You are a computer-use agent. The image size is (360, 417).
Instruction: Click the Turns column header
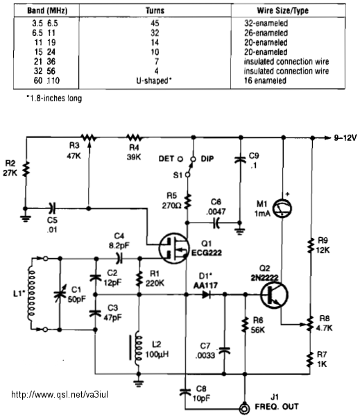pos(155,10)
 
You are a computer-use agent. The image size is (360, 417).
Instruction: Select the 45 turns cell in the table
pos(155,23)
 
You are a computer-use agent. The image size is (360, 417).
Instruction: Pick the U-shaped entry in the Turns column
pos(154,80)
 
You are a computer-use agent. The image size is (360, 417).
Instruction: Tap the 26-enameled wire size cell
pos(266,33)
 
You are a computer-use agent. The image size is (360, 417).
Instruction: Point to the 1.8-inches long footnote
pos(54,99)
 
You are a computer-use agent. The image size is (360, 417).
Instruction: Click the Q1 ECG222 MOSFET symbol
pos(174,248)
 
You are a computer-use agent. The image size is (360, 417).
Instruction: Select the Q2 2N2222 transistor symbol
pos(274,295)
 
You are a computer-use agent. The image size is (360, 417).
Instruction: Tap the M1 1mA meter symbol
pos(282,208)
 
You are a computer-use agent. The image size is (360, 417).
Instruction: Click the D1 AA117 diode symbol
pos(206,294)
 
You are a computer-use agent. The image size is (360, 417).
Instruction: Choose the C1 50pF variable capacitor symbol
pos(60,294)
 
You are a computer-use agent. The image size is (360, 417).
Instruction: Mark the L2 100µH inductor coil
pos(138,348)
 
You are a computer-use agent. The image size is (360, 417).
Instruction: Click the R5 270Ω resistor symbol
pos(187,201)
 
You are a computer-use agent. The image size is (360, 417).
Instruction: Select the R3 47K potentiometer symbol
pos(89,138)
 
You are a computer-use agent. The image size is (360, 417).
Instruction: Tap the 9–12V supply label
pos(345,138)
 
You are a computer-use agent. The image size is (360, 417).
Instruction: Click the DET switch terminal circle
pos(180,159)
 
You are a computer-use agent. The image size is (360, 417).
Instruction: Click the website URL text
pos(60,394)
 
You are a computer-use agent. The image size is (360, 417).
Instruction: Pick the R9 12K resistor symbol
pos(310,246)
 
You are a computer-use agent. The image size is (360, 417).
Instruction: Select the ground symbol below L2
pos(138,384)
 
